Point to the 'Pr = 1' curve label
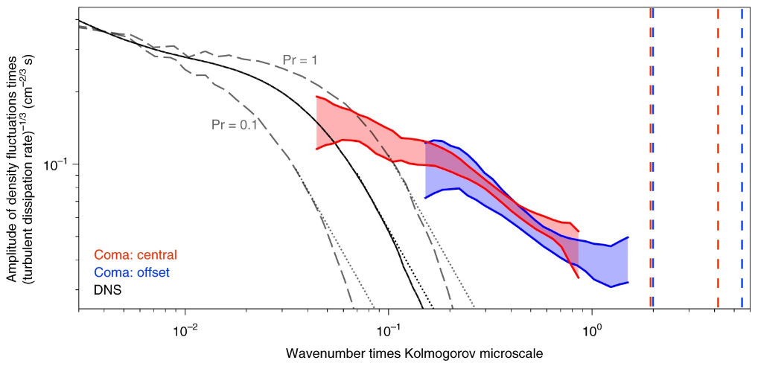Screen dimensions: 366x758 (x=300, y=60)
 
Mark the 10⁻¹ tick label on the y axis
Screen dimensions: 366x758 (x=60, y=164)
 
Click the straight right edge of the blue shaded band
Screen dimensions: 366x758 (x=628, y=260)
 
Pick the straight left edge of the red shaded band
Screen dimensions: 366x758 (x=317, y=123)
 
